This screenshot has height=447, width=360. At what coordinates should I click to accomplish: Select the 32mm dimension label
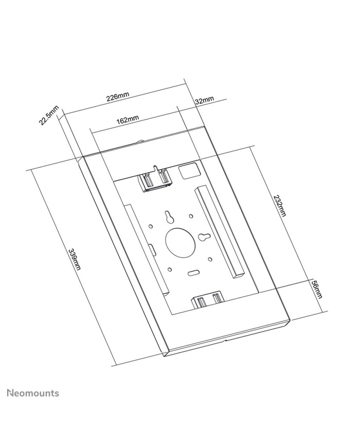click(204, 100)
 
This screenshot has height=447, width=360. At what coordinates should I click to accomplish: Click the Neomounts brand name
click(32, 394)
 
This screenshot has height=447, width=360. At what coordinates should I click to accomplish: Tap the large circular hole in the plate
click(179, 242)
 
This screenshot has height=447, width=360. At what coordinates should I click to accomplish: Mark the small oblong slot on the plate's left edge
click(152, 249)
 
